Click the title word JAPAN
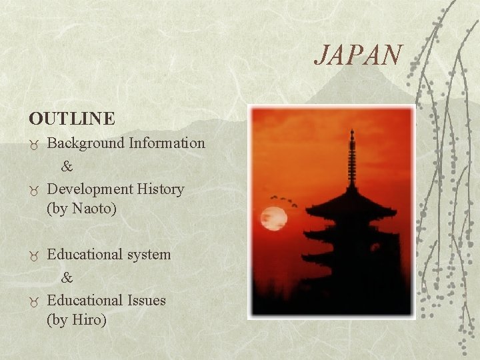[359, 55]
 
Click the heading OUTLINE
[72, 119]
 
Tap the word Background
[85, 143]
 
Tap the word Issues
[145, 300]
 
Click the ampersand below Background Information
[67, 166]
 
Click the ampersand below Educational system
[67, 277]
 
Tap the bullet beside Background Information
[34, 144]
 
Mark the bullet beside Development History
[34, 190]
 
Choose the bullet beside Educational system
[34, 255]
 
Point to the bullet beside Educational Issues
[34, 301]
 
